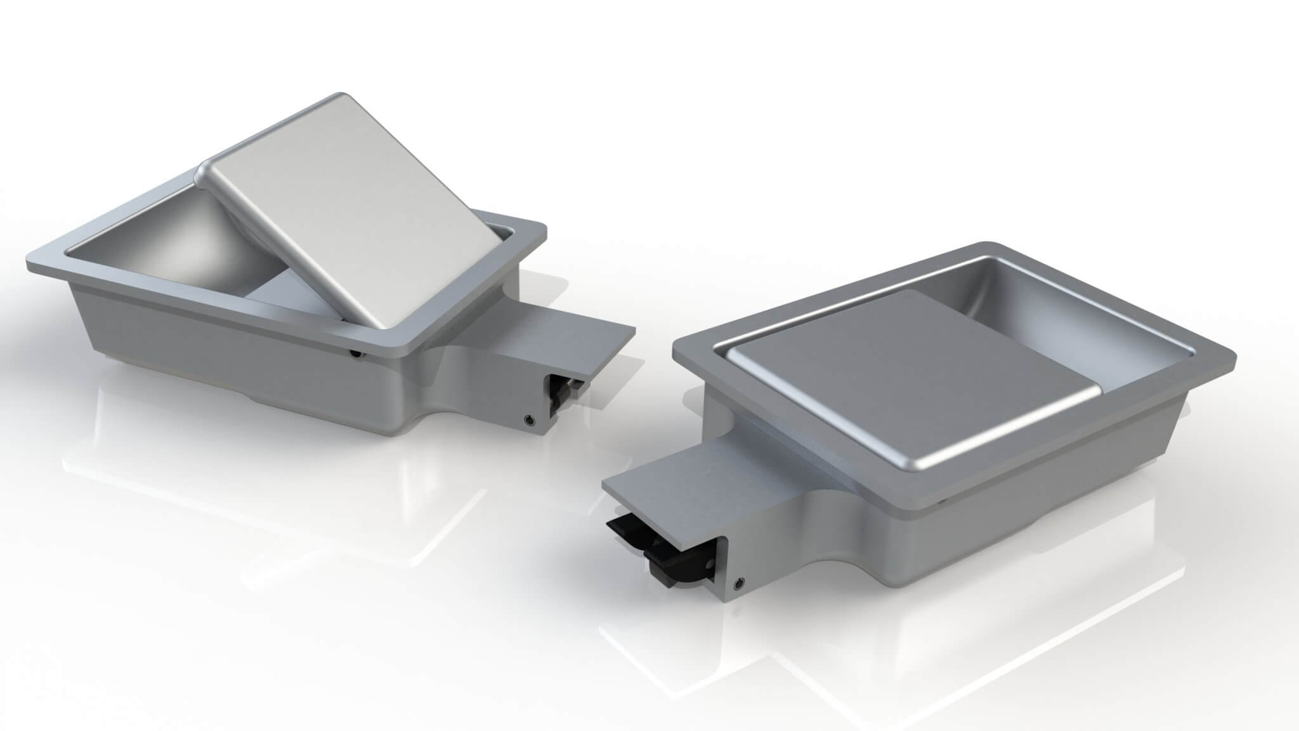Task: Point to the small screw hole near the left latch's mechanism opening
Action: coord(529,419)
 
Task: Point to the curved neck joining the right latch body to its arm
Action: coord(818,546)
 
